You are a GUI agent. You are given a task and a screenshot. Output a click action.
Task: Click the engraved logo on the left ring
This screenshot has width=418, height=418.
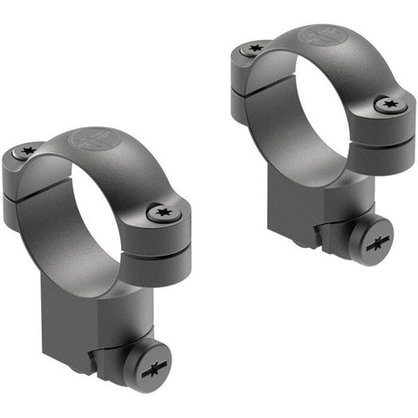click(89, 139)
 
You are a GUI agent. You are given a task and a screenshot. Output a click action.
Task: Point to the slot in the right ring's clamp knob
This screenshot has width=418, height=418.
click(377, 243)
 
